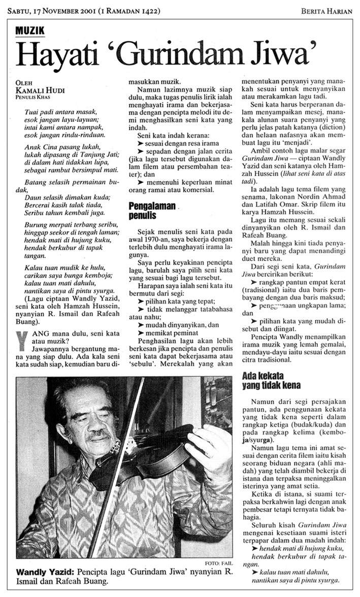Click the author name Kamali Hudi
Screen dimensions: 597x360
click(x=36, y=89)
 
